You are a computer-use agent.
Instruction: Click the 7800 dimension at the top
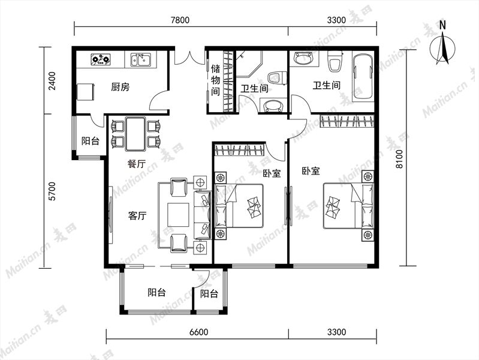click(x=180, y=20)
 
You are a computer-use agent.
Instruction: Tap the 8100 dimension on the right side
click(x=399, y=159)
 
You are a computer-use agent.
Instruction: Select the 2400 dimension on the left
click(x=52, y=81)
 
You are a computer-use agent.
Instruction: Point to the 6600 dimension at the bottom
click(x=198, y=332)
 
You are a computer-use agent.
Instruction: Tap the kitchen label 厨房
click(x=120, y=87)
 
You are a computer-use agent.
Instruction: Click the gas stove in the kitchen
click(x=101, y=59)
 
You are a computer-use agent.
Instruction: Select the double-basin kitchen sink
click(x=140, y=59)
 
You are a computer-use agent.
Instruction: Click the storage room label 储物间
click(x=215, y=80)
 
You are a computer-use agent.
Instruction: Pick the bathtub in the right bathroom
click(x=363, y=76)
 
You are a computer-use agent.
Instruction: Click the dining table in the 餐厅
click(x=135, y=134)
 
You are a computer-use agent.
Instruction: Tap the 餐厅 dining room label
click(x=136, y=164)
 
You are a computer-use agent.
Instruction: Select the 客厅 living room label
click(x=137, y=215)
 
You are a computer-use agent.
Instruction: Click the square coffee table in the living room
click(x=179, y=215)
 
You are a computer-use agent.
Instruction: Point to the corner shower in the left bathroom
click(x=249, y=64)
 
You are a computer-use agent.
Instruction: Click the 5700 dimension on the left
click(x=52, y=191)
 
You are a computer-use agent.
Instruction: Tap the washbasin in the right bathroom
click(x=303, y=58)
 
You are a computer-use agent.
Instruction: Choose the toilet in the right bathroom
click(x=335, y=61)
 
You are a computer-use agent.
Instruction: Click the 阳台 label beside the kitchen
click(x=90, y=141)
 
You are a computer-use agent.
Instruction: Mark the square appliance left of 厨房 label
click(x=86, y=92)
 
